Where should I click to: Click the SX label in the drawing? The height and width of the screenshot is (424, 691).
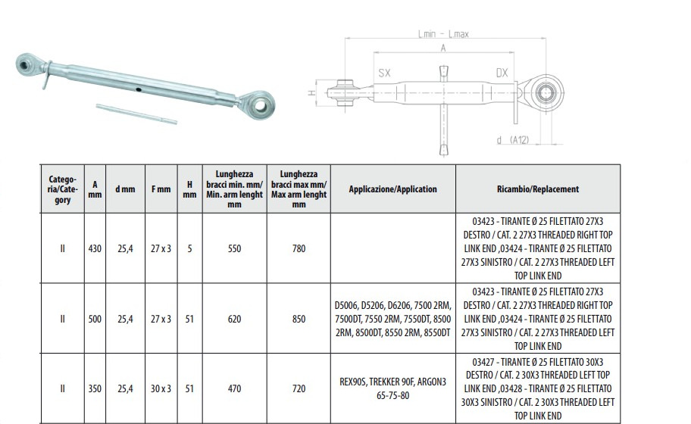384,73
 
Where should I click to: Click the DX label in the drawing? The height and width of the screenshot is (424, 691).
502,73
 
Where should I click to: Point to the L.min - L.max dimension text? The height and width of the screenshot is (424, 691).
443,34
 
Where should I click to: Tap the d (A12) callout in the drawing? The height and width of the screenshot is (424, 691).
512,140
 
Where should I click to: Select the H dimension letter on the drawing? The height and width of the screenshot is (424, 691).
311,93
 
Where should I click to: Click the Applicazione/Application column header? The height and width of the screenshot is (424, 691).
392,189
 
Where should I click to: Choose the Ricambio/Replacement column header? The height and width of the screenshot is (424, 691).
538,189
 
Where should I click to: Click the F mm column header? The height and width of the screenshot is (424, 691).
161,189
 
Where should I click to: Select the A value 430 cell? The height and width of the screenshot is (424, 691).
95,249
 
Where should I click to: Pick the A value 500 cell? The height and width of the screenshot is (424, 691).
95,319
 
